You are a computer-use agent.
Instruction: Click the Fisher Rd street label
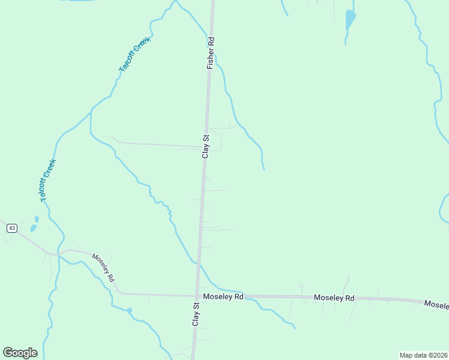tap(211, 53)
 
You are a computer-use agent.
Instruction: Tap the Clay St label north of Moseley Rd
tap(205, 146)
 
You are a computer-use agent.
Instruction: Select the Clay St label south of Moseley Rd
tap(196, 314)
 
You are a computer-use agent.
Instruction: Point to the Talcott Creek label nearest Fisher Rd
tap(133, 55)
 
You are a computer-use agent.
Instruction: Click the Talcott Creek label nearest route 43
tap(47, 180)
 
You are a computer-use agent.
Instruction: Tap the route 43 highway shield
tap(11, 228)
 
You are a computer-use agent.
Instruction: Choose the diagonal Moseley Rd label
tap(103, 268)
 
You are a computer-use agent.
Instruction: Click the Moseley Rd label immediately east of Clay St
tap(223, 296)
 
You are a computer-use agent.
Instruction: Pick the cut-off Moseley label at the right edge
tap(436, 304)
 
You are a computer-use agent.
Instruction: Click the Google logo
tap(20, 353)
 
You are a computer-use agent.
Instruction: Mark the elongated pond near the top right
tap(350, 20)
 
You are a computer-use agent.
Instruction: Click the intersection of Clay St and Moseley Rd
tap(197, 295)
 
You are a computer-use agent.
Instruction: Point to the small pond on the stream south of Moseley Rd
tap(129, 311)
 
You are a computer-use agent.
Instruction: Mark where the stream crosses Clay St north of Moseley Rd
tap(199, 263)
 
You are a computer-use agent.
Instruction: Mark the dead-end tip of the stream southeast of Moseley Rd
tap(295, 328)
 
